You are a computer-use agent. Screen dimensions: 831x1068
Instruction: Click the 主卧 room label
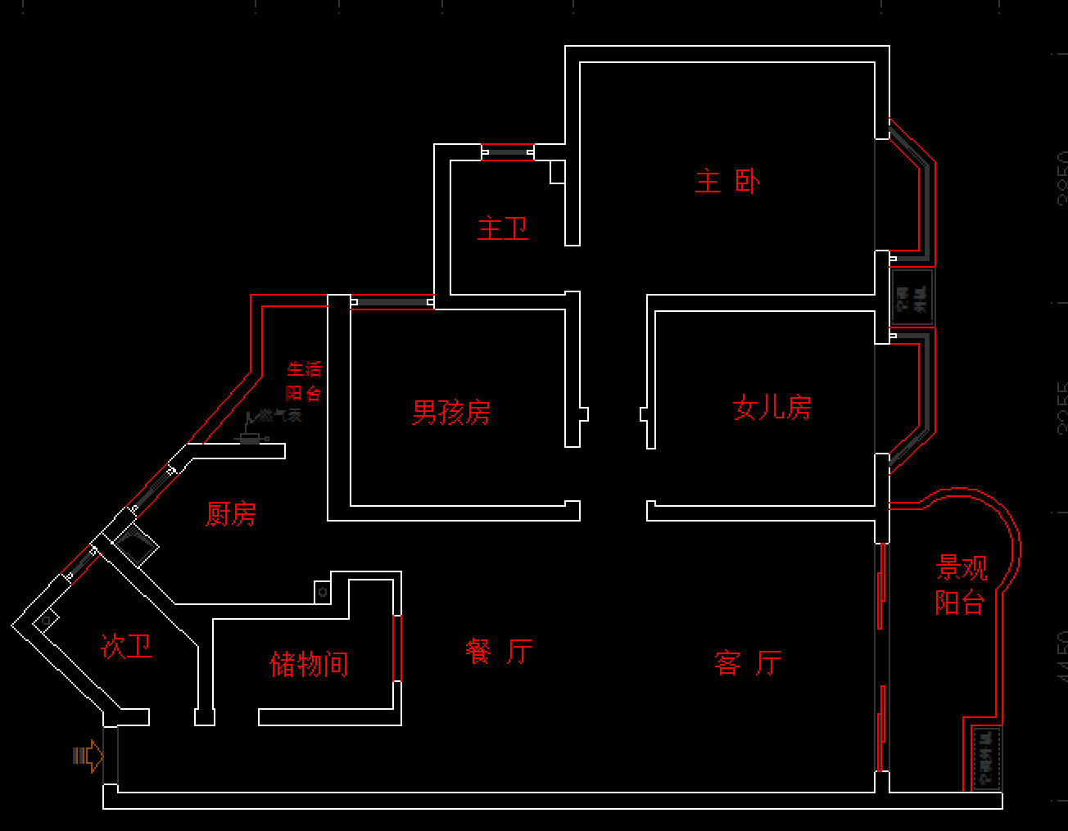(727, 182)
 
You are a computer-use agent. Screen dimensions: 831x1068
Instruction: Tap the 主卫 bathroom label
(503, 228)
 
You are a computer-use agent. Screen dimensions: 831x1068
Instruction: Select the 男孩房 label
(451, 413)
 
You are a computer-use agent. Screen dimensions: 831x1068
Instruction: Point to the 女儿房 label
(772, 408)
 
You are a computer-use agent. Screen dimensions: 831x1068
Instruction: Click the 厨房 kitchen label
(231, 514)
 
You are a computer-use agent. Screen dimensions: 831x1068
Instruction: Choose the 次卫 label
(126, 647)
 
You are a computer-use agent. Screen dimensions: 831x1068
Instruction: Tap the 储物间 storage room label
(309, 664)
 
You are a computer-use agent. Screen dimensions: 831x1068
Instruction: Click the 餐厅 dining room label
(499, 653)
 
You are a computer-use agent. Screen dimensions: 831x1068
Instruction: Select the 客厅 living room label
(748, 662)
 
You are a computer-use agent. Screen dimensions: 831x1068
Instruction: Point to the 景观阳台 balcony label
(961, 585)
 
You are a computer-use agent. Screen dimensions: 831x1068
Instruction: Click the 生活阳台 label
(304, 382)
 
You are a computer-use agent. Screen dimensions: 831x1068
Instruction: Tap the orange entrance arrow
(88, 756)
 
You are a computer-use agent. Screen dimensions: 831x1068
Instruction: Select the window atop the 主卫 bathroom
(507, 152)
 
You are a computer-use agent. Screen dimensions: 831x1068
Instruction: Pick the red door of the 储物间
(397, 648)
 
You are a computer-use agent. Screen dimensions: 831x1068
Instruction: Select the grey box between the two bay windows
(912, 297)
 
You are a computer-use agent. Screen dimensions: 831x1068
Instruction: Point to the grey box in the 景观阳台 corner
(985, 758)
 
